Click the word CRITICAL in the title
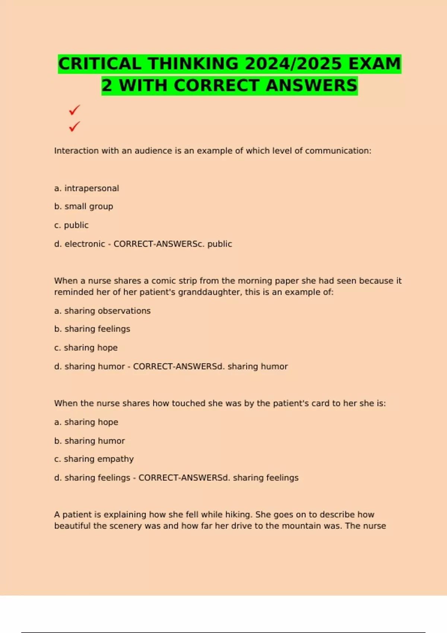click(100, 64)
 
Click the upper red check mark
click(74, 110)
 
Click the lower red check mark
click(74, 127)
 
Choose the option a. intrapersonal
click(86, 188)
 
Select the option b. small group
click(83, 207)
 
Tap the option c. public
click(71, 225)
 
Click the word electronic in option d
click(85, 244)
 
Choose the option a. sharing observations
click(102, 311)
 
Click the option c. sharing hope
click(86, 348)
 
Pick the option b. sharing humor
click(89, 441)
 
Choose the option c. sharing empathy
click(94, 459)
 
